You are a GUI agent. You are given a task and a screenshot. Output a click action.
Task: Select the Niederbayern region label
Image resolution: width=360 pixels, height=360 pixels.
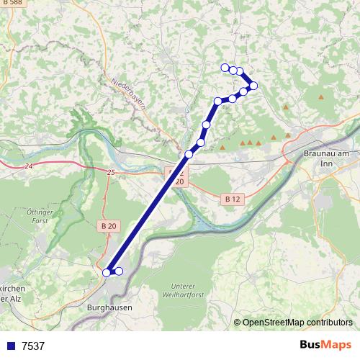click(130, 94)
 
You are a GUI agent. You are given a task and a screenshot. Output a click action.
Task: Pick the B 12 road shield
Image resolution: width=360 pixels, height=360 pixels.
click(231, 198)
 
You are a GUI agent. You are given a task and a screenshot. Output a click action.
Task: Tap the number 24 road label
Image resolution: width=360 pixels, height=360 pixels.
click(28, 166)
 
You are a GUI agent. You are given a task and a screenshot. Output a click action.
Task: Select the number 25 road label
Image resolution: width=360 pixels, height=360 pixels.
click(110, 172)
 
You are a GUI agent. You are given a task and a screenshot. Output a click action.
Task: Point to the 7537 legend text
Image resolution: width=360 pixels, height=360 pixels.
click(33, 346)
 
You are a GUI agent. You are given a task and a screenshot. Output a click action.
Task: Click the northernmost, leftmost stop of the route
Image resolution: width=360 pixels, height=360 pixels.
click(225, 68)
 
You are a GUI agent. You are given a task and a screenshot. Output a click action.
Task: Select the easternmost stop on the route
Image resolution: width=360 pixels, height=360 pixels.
click(253, 86)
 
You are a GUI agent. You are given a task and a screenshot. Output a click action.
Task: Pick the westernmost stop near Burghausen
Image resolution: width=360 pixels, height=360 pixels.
click(107, 272)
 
